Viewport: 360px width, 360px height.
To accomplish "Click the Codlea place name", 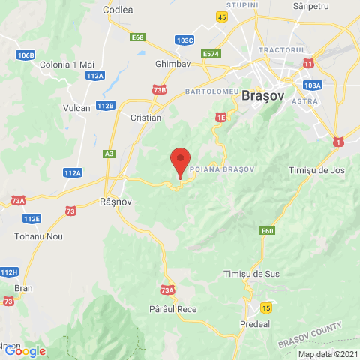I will point(118,10).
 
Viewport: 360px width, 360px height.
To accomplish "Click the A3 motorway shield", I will point(110,154).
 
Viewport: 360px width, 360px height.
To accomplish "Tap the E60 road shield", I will point(268,230).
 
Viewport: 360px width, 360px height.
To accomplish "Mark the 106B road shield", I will point(25,55).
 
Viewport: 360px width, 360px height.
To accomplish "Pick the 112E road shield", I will point(31,218).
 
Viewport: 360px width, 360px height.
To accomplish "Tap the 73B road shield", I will point(159,90).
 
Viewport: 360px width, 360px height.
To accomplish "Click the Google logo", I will point(25,350).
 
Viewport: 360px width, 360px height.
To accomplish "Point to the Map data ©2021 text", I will point(328,354).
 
